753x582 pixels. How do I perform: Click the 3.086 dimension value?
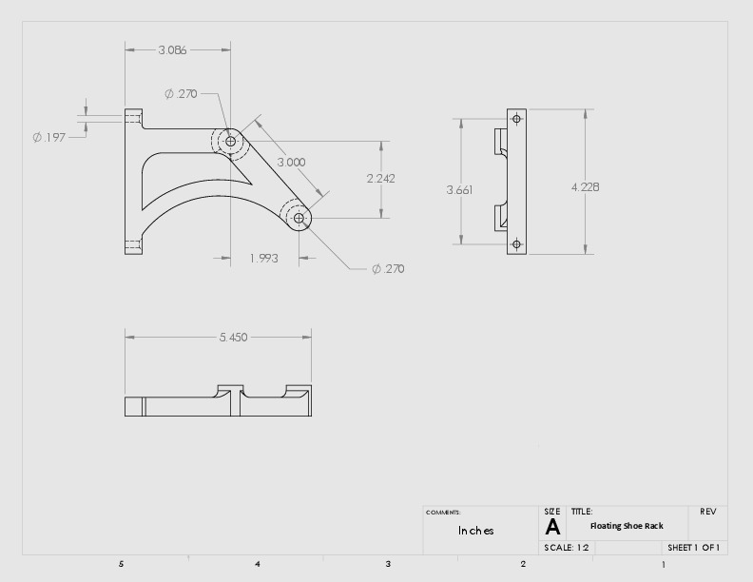pos(172,49)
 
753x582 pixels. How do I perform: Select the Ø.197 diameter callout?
pos(48,137)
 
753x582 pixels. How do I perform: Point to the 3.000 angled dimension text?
pos(291,162)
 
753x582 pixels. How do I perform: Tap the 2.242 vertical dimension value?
pos(380,178)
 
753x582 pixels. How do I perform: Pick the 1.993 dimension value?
pos(263,258)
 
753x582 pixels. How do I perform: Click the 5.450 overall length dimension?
pos(233,337)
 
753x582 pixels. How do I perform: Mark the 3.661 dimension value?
pos(459,189)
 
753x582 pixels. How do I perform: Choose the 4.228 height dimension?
pos(585,186)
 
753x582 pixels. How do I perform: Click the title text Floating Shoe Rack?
pos(627,526)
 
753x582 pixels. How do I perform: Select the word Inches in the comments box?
pos(475,531)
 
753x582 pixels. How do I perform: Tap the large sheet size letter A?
pos(552,528)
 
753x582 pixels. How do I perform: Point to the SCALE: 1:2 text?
pos(568,548)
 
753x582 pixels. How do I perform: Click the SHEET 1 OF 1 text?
pos(693,548)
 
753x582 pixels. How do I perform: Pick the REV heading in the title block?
pos(708,512)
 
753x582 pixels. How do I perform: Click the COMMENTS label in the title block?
pos(443,513)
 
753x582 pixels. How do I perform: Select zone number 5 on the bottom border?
pos(121,564)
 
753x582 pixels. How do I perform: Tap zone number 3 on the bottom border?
pos(388,564)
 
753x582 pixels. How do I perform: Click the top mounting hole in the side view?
pos(516,119)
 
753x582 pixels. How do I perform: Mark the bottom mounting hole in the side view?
pos(516,244)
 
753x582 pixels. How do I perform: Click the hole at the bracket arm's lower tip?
pos(299,218)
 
